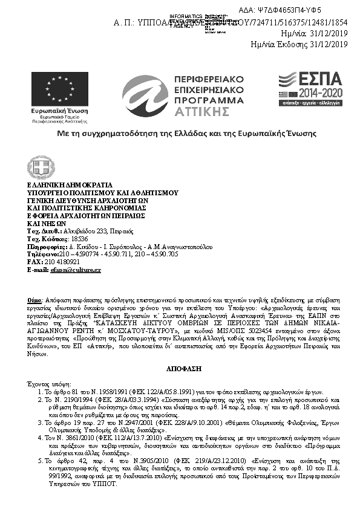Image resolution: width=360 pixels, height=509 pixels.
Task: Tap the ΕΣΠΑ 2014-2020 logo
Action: pos(309,88)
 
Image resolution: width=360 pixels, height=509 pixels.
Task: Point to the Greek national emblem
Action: pos(41,167)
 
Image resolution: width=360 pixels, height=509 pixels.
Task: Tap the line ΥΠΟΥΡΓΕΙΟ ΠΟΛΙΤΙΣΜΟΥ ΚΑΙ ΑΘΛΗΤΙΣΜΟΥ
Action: pos(102,192)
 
